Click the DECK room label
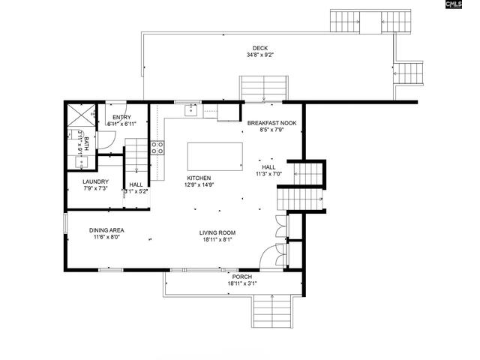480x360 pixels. [x=259, y=49]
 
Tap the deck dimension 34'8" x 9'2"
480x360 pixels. [x=259, y=55]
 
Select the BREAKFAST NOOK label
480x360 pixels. [x=273, y=121]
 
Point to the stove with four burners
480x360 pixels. [x=157, y=148]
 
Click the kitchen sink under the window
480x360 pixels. [x=191, y=110]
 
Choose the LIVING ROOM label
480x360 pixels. [x=217, y=232]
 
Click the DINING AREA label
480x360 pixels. [x=106, y=230]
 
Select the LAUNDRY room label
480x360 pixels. [x=95, y=181]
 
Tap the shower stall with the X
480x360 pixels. [x=80, y=117]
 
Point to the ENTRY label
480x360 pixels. [x=121, y=118]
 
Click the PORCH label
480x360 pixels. [x=241, y=277]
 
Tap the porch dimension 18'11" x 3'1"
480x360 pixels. [x=241, y=284]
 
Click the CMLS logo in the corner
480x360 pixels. [x=454, y=6]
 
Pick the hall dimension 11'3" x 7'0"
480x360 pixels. [x=268, y=174]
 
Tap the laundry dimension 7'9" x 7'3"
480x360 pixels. [x=95, y=189]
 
